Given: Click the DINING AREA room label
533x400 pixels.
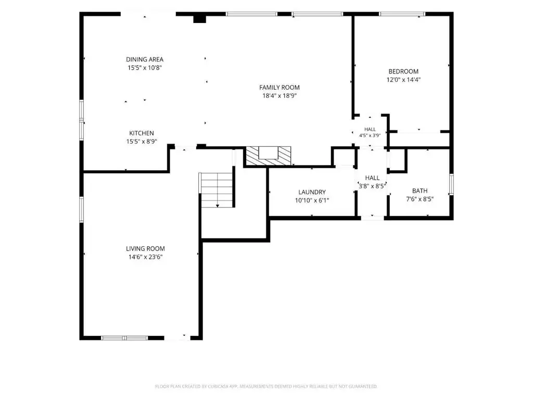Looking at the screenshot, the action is pos(145,59).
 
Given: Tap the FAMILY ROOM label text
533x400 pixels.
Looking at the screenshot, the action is pos(280,87).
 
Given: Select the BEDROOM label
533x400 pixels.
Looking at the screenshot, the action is pos(403,71).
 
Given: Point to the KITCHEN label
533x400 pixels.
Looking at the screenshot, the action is pos(142,133).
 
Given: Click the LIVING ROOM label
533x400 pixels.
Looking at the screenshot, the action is pos(146,248).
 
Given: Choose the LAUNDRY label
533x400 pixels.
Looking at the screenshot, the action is pos(312,192).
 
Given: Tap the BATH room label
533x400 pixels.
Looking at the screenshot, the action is pos(420,191).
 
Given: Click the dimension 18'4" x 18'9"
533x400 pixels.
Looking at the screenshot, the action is pos(280,96).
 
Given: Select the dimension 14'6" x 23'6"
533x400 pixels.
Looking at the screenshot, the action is pos(146,257).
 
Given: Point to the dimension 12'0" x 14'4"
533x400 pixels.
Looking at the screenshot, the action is pos(403,80).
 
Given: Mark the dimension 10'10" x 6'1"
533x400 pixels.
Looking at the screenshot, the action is pos(312,201).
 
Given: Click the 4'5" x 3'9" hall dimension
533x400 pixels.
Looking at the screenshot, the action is pos(370,135).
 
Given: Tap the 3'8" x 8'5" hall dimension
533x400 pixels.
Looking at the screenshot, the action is pos(372,186).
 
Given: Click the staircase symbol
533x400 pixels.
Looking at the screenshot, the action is pos(217,190).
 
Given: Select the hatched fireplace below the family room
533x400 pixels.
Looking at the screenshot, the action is pos(269,156).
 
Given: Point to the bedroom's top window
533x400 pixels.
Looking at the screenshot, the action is pos(402,14).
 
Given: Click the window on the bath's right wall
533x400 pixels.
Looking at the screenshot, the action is pos(451,184).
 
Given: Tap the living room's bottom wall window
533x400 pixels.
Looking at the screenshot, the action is pos(125,337).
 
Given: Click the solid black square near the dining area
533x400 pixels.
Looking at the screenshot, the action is pos(199,18).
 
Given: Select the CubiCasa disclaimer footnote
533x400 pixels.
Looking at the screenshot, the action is pos(266,386).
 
